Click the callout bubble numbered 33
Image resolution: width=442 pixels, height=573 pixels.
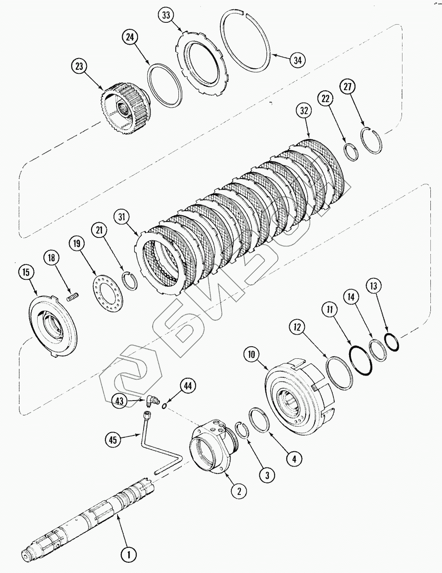166,15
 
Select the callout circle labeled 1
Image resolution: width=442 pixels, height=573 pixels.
129,554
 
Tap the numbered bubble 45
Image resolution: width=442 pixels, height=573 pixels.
113,440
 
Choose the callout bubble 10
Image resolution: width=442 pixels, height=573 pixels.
251,355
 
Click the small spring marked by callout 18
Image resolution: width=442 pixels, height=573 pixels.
73,297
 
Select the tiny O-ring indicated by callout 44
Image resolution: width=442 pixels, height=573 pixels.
164,407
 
